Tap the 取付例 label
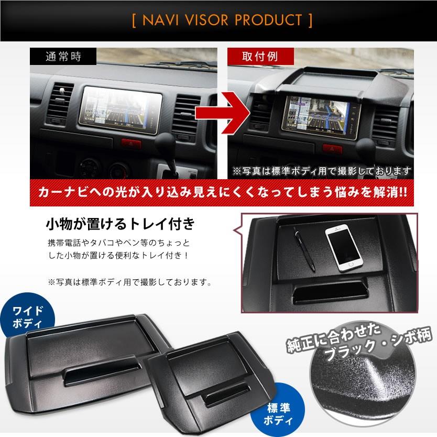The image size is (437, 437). [254, 54]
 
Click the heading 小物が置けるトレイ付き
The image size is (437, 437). [121, 226]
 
